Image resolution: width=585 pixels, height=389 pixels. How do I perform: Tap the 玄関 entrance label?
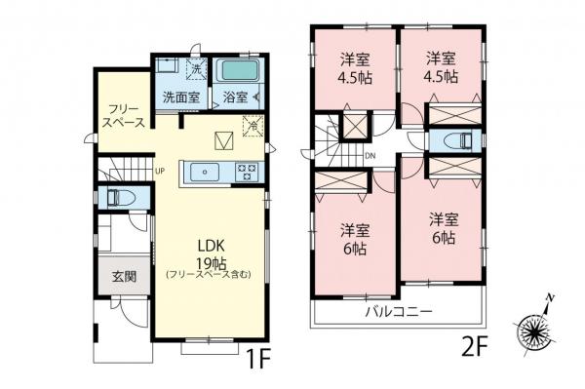[x=124, y=276]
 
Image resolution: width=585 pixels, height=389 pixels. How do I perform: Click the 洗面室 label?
[x=180, y=97]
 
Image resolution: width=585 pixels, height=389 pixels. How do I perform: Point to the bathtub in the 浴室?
[x=237, y=71]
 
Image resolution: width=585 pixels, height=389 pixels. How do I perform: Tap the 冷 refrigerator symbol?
[x=252, y=126]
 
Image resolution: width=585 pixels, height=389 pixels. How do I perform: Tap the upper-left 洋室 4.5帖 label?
[x=353, y=69]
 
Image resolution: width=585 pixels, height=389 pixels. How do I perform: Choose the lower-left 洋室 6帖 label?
[x=354, y=239]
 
